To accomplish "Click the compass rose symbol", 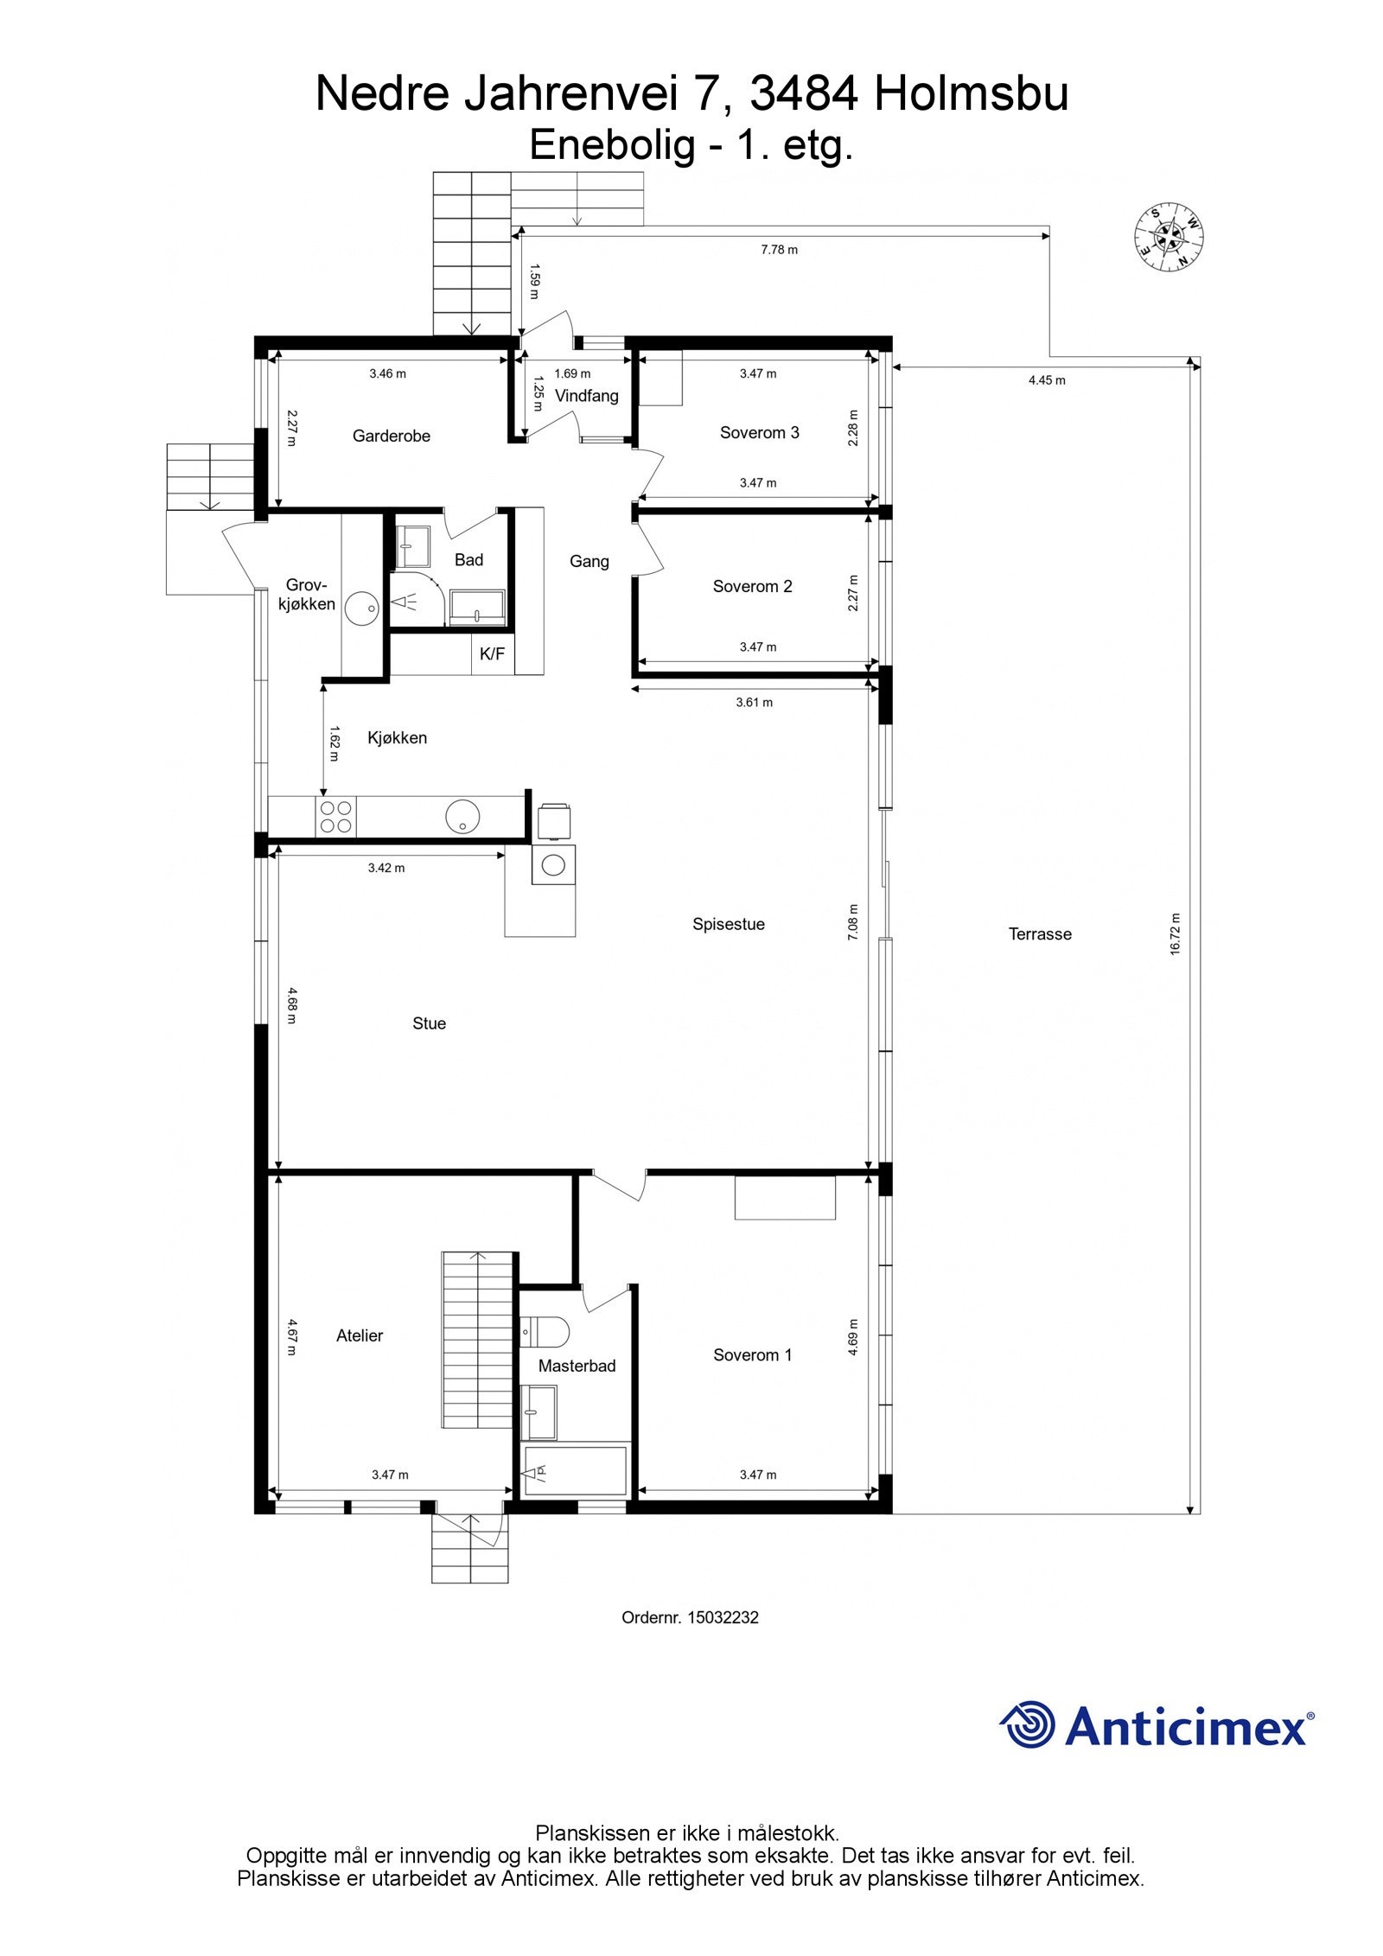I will pos(1169,237).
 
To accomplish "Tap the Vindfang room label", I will pos(586,397).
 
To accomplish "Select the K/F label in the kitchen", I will pos(492,654).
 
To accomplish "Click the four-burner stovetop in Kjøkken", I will pos(335,817).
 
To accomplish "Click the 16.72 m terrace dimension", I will pos(1175,933).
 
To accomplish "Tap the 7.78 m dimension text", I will pos(779,250).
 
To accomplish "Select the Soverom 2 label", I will pos(752,586).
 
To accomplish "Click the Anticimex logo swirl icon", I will pos(1029,1724).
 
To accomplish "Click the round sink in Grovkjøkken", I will pos(361,608).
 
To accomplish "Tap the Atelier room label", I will pos(360,1335).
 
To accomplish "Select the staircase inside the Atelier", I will pos(480,1339).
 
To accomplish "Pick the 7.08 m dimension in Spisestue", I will pos(853,922).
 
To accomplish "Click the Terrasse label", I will pos(1040,933).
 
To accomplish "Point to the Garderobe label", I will pos(391,436).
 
